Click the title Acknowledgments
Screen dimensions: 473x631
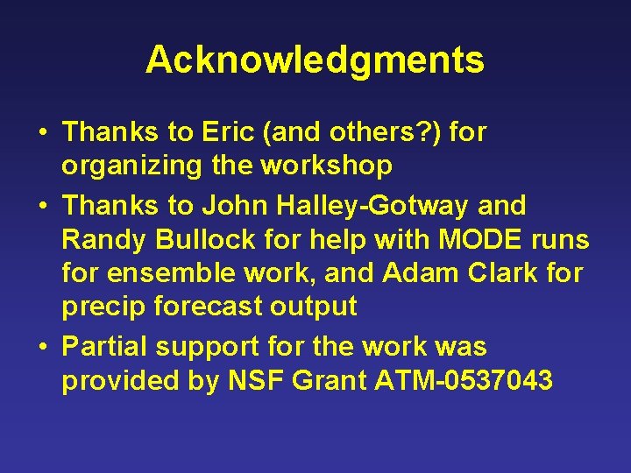[315, 60]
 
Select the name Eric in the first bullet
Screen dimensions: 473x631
[226, 132]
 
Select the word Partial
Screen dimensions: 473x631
[105, 347]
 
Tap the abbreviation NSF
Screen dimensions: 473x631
[247, 381]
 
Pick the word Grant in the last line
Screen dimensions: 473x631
[330, 381]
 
